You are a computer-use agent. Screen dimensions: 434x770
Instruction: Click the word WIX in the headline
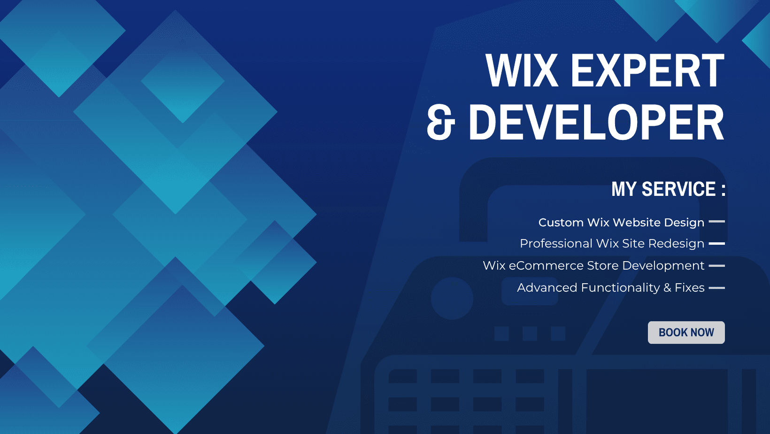[x=522, y=71]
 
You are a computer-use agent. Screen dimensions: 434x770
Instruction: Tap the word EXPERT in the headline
[x=647, y=71]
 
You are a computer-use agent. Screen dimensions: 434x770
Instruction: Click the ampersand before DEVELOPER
[x=440, y=123]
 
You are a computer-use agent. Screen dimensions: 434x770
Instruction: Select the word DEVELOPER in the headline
[x=596, y=123]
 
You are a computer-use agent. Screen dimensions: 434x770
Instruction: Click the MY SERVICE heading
[x=663, y=189]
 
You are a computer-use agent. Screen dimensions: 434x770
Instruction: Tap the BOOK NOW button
[x=686, y=333]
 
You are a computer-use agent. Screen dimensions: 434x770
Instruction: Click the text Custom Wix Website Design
[x=621, y=222]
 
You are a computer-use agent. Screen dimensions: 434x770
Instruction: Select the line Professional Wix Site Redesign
[x=612, y=243]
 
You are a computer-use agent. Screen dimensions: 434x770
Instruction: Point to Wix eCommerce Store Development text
[x=593, y=265]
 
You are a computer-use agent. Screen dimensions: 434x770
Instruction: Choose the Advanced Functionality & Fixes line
[x=610, y=287]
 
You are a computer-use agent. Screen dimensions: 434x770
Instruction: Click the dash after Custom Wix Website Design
[x=716, y=222]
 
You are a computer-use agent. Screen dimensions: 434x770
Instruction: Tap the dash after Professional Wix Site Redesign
[x=716, y=244]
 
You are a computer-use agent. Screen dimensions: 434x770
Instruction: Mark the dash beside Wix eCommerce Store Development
[x=716, y=266]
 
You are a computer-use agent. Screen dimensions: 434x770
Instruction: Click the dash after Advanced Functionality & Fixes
[x=716, y=288]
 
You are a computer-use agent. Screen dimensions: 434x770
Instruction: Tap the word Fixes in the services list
[x=689, y=287]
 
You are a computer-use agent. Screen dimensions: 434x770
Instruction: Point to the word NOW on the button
[x=702, y=333]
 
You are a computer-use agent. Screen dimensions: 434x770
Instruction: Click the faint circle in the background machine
[x=452, y=298]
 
